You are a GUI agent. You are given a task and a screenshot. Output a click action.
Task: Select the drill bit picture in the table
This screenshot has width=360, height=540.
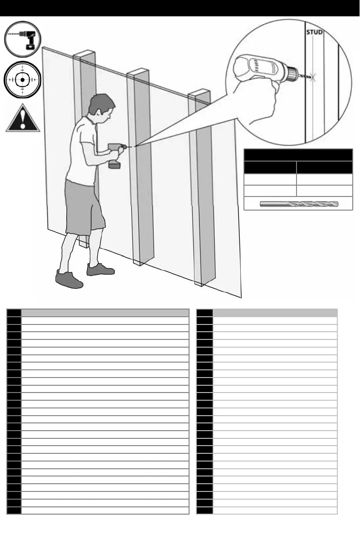[299, 205]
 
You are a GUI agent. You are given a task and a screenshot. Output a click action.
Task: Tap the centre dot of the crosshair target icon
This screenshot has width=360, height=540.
[22, 79]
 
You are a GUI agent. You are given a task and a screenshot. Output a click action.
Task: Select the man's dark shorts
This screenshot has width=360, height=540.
[84, 207]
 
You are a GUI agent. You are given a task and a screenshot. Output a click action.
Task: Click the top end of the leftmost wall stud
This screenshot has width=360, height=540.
[83, 55]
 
